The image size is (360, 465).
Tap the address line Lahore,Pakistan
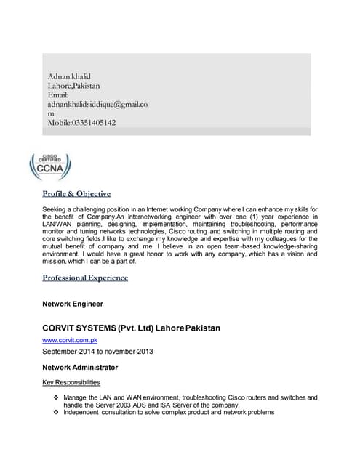click(x=73, y=86)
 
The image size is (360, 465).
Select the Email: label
click(x=58, y=95)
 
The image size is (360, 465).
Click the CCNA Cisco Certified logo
click(x=50, y=166)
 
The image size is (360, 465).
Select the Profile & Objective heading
click(x=76, y=194)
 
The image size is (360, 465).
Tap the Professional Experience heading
click(x=85, y=278)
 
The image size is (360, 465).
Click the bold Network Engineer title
click(x=73, y=304)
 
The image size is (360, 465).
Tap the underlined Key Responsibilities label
click(x=71, y=382)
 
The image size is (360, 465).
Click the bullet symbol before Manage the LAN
click(x=57, y=398)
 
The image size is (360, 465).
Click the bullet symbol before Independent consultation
click(x=57, y=413)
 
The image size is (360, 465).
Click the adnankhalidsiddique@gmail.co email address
click(x=98, y=105)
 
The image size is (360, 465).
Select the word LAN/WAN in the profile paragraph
click(x=59, y=226)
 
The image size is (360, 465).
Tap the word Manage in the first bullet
click(x=76, y=398)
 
